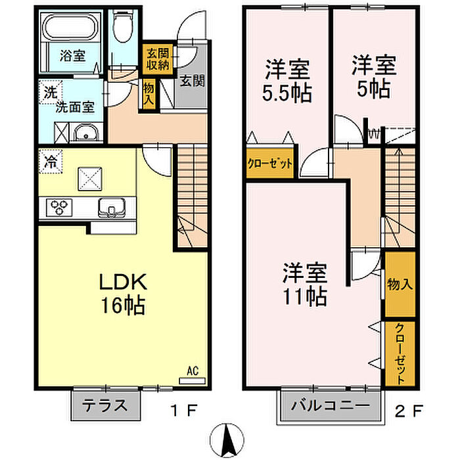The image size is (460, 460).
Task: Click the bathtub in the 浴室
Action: pyautogui.click(x=70, y=27)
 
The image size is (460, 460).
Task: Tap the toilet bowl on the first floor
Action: pyautogui.click(x=122, y=27)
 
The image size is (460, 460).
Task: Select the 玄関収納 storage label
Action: pyautogui.click(x=158, y=60)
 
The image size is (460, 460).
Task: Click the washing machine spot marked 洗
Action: pyautogui.click(x=51, y=92)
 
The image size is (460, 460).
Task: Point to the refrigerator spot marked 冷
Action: pyautogui.click(x=51, y=162)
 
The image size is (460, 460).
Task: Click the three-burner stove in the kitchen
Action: pyautogui.click(x=59, y=208)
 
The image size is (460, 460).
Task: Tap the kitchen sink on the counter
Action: pyautogui.click(x=112, y=208)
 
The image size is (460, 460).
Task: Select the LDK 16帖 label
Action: pyautogui.click(x=123, y=293)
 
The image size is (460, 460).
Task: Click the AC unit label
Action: pyautogui.click(x=193, y=371)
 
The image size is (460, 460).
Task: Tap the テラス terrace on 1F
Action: pyautogui.click(x=105, y=405)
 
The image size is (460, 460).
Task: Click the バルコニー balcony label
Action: pyautogui.click(x=330, y=405)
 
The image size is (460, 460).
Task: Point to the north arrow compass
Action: pyautogui.click(x=227, y=441)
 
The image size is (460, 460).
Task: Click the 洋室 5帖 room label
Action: pyautogui.click(x=374, y=76)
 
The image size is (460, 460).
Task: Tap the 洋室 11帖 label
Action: pyautogui.click(x=304, y=285)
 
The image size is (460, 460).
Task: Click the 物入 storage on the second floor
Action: pyautogui.click(x=400, y=284)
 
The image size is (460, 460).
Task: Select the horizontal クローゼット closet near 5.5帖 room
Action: pyautogui.click(x=270, y=164)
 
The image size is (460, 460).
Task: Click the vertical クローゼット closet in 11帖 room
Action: pyautogui.click(x=400, y=354)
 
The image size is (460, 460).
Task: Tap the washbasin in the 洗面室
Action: pyautogui.click(x=86, y=133)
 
